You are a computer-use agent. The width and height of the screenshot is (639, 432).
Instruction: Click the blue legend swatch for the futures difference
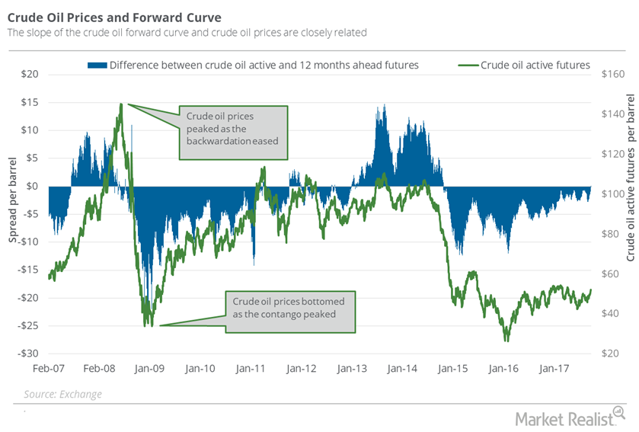pyautogui.click(x=97, y=65)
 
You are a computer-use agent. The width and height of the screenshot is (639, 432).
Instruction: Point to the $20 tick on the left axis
pyautogui.click(x=28, y=74)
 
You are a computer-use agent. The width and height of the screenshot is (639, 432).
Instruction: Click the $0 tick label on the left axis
pyautogui.click(x=32, y=186)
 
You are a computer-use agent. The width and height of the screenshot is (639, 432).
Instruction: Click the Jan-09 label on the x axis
pyautogui.click(x=149, y=369)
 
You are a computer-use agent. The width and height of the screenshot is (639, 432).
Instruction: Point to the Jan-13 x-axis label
pyautogui.click(x=353, y=369)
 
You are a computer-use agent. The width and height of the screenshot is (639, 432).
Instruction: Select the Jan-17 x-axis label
pyautogui.click(x=556, y=369)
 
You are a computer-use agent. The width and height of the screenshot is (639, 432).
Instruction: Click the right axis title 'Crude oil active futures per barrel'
pyautogui.click(x=630, y=187)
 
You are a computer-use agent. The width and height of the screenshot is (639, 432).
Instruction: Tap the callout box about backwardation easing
pyautogui.click(x=233, y=133)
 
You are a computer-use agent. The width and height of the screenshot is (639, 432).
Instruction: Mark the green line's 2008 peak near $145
pyautogui.click(x=120, y=104)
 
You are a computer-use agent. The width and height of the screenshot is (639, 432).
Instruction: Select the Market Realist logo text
pyautogui.click(x=570, y=417)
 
